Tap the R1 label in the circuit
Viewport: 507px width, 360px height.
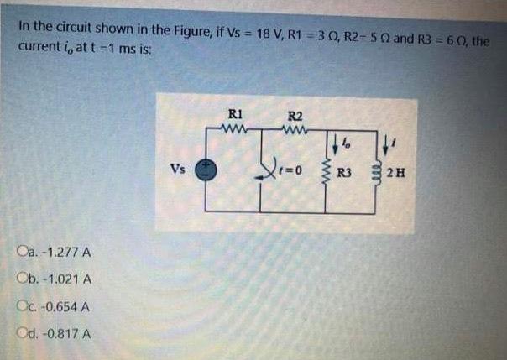235,116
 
